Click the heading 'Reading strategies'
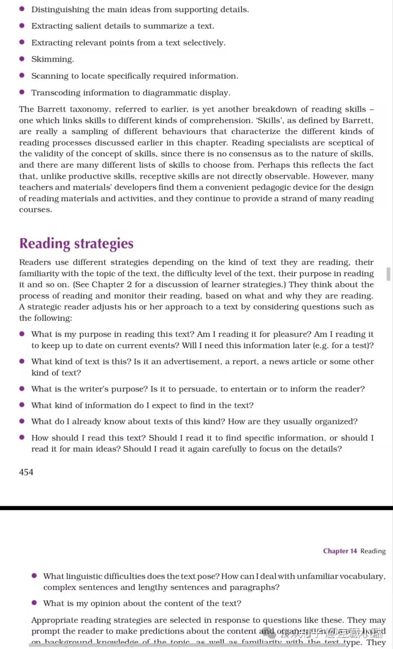coord(76,244)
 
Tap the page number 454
coord(26,472)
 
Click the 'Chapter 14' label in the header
coord(340,551)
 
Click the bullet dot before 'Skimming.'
coord(22,59)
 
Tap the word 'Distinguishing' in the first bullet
coord(60,9)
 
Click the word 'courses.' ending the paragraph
coord(35,210)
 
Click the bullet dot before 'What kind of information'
coord(22,405)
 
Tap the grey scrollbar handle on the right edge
coord(388,274)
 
